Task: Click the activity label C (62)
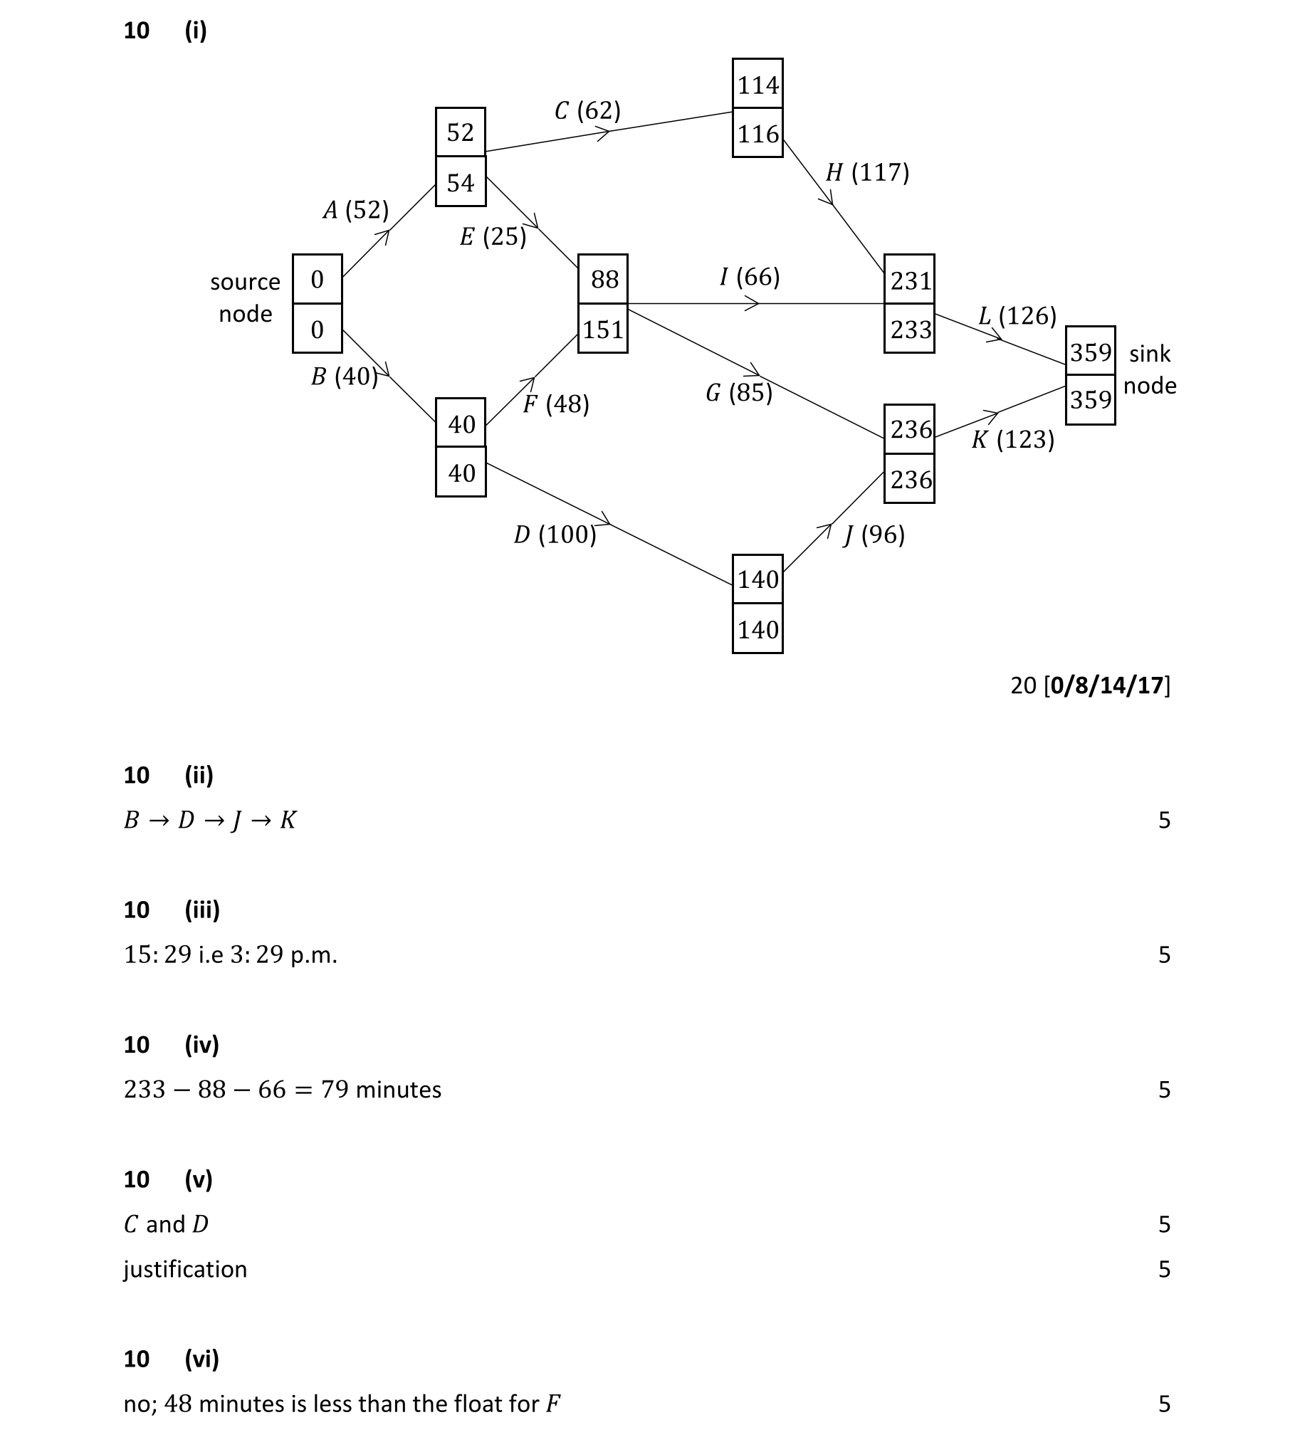587,110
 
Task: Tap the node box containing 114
757,84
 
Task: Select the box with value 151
603,329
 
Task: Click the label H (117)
867,172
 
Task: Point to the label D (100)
555,534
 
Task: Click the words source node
245,298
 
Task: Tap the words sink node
1149,369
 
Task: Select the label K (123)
1012,439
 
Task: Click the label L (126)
1017,315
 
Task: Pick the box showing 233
909,329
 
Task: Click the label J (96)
874,534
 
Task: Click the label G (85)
739,392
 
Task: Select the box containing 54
461,182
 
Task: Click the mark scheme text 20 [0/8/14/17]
1090,685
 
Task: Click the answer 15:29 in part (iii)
157,954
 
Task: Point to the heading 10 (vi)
171,1359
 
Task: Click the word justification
185,1269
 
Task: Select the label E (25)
493,236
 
